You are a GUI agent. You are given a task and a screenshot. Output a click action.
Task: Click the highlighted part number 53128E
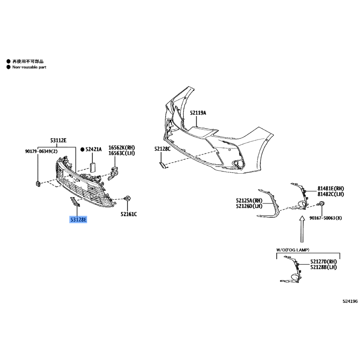tap(78, 220)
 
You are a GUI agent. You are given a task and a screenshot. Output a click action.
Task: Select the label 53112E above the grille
tap(58, 140)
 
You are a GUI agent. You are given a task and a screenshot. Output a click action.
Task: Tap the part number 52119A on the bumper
tap(198, 113)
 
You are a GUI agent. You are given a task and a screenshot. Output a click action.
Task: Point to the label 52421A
tap(94, 149)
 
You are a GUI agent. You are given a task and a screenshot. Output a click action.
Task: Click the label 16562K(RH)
tap(121, 148)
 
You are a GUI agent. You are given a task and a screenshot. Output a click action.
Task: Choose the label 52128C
tap(162, 149)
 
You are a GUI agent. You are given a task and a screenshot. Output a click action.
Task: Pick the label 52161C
tap(129, 214)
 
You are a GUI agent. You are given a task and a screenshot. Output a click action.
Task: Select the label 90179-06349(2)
tap(41, 151)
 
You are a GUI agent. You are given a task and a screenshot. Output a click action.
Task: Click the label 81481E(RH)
tap(331, 189)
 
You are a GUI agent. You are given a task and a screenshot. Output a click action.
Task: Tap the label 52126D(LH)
tap(249, 206)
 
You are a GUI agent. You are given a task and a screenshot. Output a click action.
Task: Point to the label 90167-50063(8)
tap(325, 218)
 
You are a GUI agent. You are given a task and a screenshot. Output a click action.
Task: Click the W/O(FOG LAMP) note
tap(293, 250)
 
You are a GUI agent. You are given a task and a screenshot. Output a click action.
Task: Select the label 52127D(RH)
tap(324, 261)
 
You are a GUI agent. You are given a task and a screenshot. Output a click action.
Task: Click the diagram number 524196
tap(350, 301)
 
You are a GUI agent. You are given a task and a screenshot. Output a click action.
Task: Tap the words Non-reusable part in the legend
tap(29, 67)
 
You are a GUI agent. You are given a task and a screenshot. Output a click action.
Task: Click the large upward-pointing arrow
tap(302, 229)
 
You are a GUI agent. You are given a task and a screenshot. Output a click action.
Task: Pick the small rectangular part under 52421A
tap(92, 167)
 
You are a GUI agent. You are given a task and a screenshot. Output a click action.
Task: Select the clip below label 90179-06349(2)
tap(38, 184)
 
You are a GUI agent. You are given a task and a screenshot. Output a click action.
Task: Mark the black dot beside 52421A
tap(82, 149)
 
